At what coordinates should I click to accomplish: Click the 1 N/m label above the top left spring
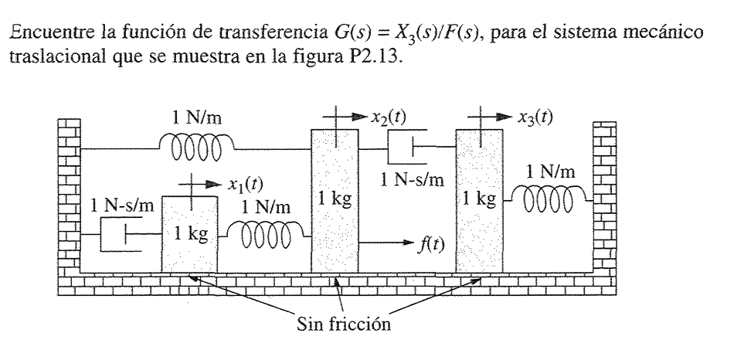[197, 118]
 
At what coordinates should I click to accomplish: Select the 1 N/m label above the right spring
[550, 172]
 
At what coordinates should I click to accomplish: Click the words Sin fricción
[345, 322]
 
